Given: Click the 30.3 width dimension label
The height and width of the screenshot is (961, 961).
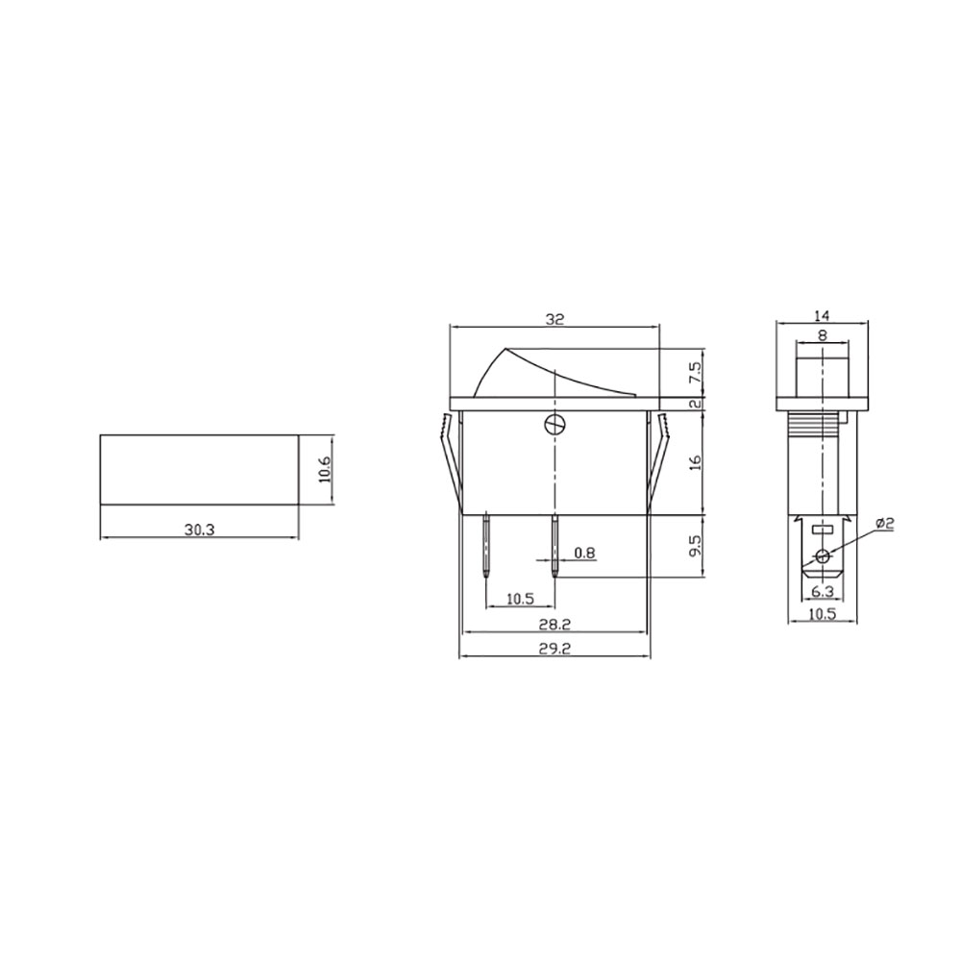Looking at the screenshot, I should tap(199, 527).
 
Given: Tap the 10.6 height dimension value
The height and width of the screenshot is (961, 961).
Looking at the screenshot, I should tap(324, 470).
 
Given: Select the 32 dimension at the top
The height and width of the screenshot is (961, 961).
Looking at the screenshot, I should tap(554, 320).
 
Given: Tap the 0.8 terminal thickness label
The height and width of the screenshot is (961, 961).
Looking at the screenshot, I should tap(583, 553).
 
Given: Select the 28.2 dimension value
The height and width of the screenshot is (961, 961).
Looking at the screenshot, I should tap(554, 624).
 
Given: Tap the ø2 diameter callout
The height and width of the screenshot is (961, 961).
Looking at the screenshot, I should tap(885, 524).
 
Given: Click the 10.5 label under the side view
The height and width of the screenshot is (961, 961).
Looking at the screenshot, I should tap(822, 614).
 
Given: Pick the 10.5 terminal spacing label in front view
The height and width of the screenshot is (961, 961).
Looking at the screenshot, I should tap(520, 599).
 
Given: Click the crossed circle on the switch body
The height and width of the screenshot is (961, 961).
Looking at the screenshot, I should tap(554, 424).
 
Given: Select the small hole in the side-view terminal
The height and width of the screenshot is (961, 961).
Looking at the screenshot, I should tap(822, 556).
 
